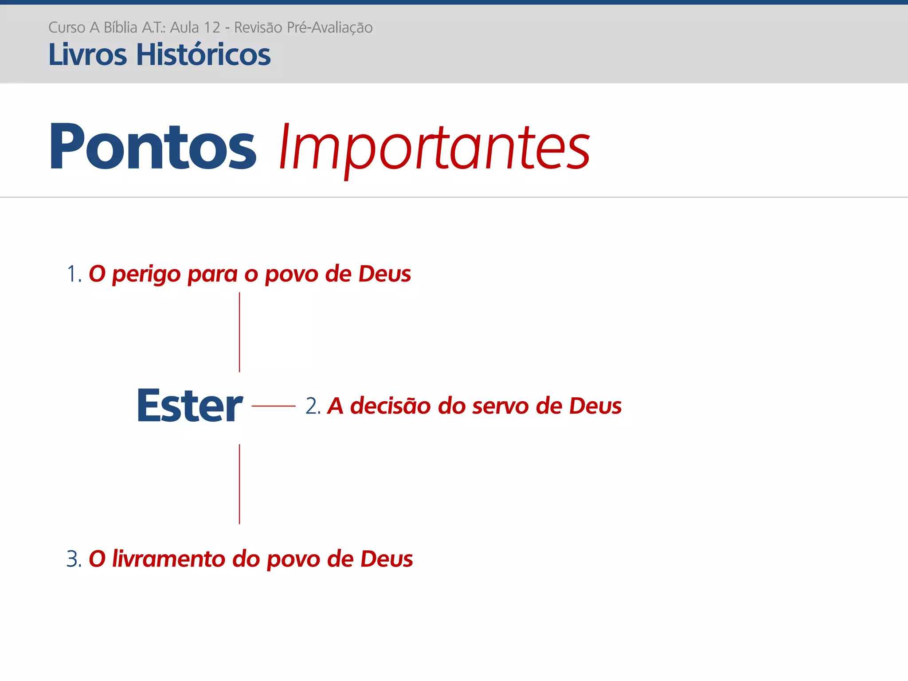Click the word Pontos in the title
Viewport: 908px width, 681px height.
click(153, 147)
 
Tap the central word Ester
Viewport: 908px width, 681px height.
click(190, 406)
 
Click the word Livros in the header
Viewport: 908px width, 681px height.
click(87, 55)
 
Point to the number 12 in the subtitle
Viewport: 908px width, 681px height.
click(211, 27)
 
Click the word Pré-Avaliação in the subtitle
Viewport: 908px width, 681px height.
click(329, 27)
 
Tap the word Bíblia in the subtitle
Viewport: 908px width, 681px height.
click(120, 27)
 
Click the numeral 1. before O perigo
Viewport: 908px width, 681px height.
click(74, 274)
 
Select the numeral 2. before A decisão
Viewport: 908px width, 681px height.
click(313, 406)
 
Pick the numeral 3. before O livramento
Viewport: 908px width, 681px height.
click(74, 559)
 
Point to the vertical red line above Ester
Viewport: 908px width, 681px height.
click(239, 332)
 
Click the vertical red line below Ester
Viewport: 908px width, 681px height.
click(239, 484)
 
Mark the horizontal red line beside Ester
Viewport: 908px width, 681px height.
click(273, 406)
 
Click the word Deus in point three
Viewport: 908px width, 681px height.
click(386, 559)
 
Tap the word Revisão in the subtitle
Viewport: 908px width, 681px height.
click(258, 27)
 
